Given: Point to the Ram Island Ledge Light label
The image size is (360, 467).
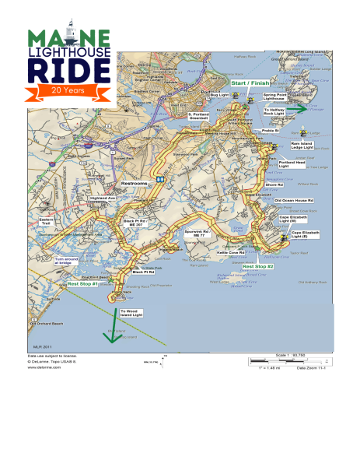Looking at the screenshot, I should tap(301, 146).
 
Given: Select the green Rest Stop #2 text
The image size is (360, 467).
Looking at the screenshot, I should tap(258, 266).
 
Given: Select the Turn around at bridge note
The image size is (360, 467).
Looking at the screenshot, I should tap(46, 262).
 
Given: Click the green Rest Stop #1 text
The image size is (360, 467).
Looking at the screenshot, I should tap(83, 284).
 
